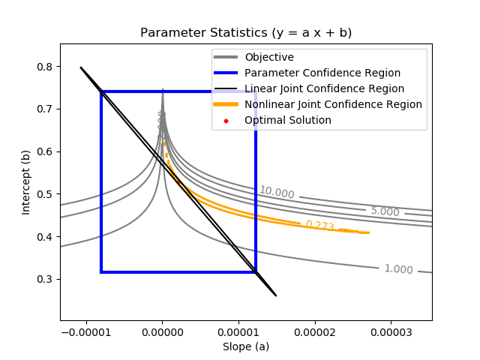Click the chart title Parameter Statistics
tap(246, 33)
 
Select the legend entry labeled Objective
tap(269, 57)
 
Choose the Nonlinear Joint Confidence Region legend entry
tap(333, 104)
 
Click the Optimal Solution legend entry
tap(288, 120)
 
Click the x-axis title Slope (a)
tap(246, 346)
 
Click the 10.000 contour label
tap(277, 193)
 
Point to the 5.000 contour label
tap(385, 211)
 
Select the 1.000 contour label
tap(398, 269)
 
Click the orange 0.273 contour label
tap(319, 225)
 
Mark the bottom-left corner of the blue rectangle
tap(101, 271)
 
